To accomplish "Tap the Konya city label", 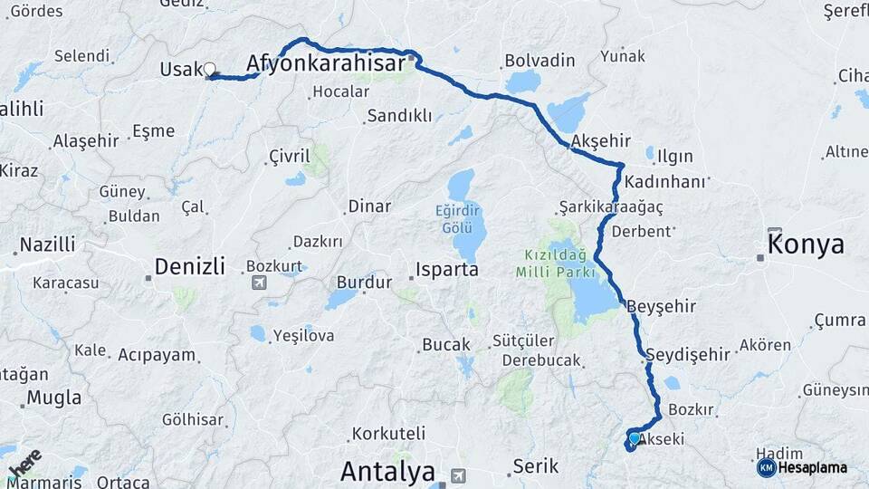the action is click(806, 244).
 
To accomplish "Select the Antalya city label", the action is click(387, 472).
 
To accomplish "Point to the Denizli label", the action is click(189, 266).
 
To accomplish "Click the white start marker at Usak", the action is click(210, 69).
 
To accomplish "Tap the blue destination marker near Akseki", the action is click(634, 439).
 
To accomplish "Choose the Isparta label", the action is click(447, 269).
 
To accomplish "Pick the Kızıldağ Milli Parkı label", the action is click(556, 263).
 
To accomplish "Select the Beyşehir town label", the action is click(661, 306).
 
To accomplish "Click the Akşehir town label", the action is click(600, 141).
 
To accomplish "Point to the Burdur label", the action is click(364, 282).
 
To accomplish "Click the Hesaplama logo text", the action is click(812, 468).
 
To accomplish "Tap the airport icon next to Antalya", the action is click(459, 475).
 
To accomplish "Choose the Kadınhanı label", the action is click(671, 181).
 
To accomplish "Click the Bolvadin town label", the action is click(540, 61).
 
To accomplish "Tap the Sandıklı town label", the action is click(399, 116).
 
